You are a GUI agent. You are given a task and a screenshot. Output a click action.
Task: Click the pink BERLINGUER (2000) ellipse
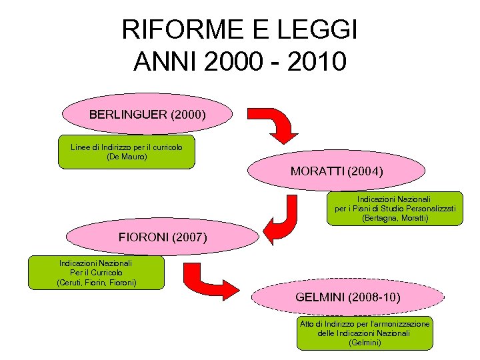pos(147,114)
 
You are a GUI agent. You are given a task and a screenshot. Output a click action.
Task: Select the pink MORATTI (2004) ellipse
pos(337,171)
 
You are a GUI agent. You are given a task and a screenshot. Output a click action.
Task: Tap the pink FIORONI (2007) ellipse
pos(163,237)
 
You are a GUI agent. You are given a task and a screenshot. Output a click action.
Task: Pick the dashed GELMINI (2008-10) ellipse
pos(347,297)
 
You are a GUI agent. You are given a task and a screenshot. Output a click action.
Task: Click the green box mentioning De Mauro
pos(127,152)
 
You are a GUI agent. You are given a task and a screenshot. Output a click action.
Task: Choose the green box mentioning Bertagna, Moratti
pos(395,209)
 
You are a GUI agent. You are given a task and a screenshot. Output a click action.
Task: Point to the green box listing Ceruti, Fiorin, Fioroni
pos(96,273)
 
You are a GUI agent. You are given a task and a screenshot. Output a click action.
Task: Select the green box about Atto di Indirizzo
pos(365,333)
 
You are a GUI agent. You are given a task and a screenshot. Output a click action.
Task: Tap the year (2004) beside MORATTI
pos(365,171)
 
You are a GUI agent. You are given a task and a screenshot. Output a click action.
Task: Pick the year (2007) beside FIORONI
pos(189,237)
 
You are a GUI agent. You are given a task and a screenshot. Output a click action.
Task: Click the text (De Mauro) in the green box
pos(127,157)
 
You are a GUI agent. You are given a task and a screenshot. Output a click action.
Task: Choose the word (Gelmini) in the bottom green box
pos(365,343)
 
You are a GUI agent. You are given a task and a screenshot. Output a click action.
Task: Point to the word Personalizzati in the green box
pos(427,209)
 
